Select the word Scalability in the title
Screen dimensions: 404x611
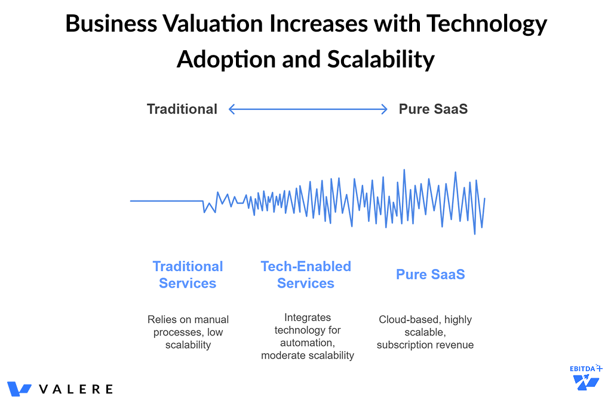(x=380, y=60)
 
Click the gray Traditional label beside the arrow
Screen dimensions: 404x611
(x=182, y=109)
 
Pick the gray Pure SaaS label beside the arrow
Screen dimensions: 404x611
(x=433, y=109)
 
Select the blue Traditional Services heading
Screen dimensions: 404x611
(x=188, y=275)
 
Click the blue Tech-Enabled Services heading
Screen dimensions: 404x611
(x=306, y=275)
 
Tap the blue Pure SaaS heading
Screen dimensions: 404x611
(x=430, y=275)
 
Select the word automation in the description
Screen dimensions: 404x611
(x=305, y=343)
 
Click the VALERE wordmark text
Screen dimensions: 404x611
(x=76, y=389)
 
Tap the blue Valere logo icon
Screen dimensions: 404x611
(x=19, y=389)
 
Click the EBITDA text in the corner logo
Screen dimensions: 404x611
(x=583, y=368)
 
